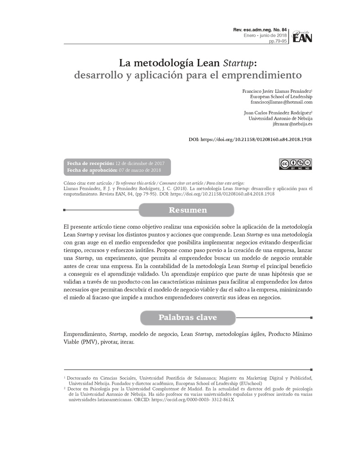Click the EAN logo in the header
coord(301,36)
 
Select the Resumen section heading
coord(187,210)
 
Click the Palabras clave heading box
coord(187,317)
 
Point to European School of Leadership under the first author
coord(281,96)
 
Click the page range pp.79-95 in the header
coord(278,41)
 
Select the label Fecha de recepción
coord(90,163)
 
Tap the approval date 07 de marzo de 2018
coord(140,170)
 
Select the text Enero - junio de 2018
coord(265,35)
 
